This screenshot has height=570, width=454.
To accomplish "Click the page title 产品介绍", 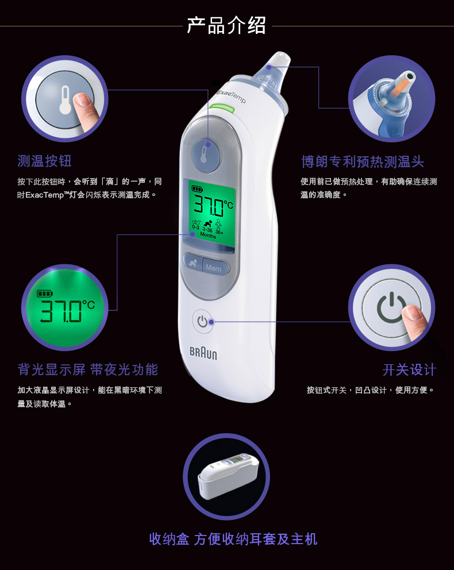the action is tap(226, 25).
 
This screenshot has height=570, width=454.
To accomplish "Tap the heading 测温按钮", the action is tap(44, 161).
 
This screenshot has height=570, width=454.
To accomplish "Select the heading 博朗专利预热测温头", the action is tap(363, 161).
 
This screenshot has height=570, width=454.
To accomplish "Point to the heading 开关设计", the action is tap(409, 369).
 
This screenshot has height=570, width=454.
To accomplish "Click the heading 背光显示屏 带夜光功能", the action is tap(87, 369).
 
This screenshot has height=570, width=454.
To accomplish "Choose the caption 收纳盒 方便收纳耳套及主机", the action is tap(233, 539).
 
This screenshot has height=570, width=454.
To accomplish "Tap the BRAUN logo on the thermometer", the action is tap(203, 353).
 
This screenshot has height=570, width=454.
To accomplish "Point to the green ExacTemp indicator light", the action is tap(222, 108).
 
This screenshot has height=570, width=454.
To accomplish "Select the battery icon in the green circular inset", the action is tap(45, 293).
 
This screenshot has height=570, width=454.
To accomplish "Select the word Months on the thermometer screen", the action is tap(208, 235).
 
